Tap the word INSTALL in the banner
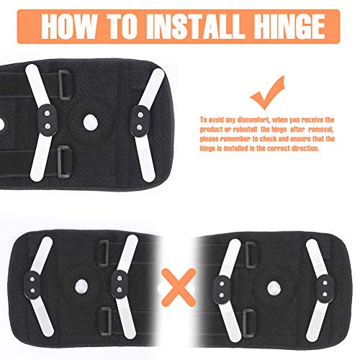click(x=194, y=27)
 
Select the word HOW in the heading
click(x=69, y=27)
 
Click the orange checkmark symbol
click(x=268, y=92)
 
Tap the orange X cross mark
click(x=179, y=287)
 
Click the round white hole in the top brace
click(x=91, y=122)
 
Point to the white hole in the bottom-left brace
click(x=81, y=287)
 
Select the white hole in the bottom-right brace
click(x=274, y=288)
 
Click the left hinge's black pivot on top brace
click(x=48, y=120)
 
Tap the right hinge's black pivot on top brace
click(x=140, y=121)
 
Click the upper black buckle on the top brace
click(x=65, y=85)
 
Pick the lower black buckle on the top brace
click(x=64, y=161)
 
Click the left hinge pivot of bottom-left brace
click(x=32, y=285)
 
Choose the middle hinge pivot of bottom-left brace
click(x=120, y=284)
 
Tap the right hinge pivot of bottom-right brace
click(x=325, y=289)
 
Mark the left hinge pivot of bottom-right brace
click(x=222, y=289)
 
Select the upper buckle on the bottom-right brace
click(x=251, y=254)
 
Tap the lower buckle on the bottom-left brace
click(x=106, y=321)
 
